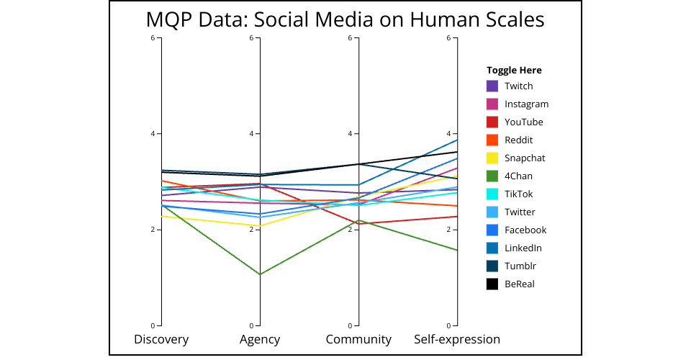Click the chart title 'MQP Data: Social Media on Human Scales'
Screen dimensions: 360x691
(345, 19)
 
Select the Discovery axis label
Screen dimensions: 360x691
(161, 339)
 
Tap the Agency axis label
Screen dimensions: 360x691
(260, 339)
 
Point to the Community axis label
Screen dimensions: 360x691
(358, 339)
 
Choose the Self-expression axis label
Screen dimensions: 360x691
(457, 339)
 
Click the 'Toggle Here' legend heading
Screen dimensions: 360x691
(514, 70)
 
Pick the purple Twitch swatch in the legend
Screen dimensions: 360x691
(492, 86)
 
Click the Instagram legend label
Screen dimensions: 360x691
(526, 104)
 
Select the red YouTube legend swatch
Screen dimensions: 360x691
(492, 122)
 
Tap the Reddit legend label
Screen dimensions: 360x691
(518, 140)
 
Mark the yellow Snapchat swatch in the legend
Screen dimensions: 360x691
(492, 158)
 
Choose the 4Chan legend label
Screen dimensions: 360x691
(518, 176)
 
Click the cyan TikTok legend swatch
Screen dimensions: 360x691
(492, 194)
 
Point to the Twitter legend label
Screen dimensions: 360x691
(520, 212)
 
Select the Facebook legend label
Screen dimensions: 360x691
(525, 230)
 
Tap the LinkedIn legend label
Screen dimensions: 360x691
(523, 248)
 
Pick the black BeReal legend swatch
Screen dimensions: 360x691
(492, 284)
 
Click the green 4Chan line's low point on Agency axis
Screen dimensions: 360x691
(260, 274)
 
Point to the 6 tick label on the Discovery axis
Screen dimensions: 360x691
(153, 37)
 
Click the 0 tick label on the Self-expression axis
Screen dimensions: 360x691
(448, 325)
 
